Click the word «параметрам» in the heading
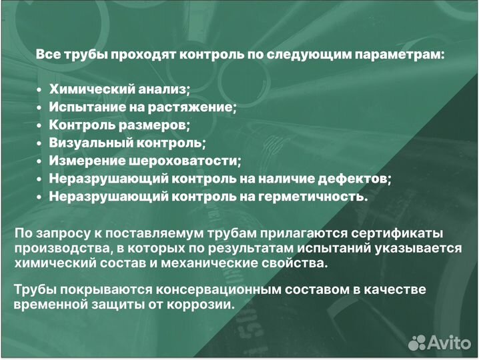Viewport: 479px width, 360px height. coord(400,54)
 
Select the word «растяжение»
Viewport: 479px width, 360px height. coord(199,107)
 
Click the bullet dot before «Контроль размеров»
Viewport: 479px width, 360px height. coord(39,125)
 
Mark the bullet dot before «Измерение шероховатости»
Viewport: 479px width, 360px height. coord(39,161)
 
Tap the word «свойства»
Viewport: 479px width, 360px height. coord(294,263)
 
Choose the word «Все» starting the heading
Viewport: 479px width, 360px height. coord(47,54)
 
